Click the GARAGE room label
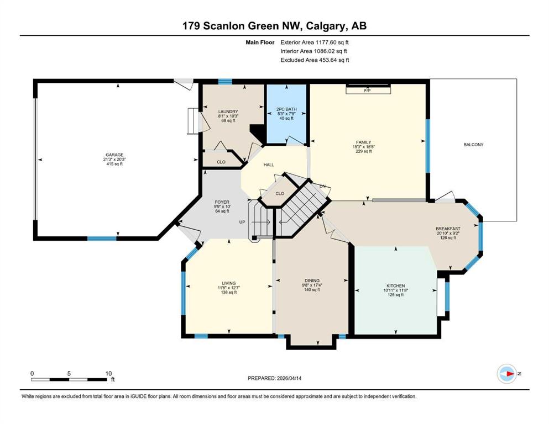pos(114,155)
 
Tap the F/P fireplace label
pos(367,91)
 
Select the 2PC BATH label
pos(286,109)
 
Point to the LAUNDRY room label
pos(228,112)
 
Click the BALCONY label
pos(473,144)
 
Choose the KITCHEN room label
pos(396,285)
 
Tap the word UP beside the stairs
pos(242,222)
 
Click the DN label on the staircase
pos(322,186)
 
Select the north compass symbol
pos(506,374)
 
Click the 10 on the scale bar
pos(108,373)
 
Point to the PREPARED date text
pos(274,378)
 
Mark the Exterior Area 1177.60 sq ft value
pos(315,43)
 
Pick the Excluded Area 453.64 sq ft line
pos(315,60)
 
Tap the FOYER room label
pos(222,202)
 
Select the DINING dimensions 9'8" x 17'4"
pos(312,285)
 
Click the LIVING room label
pos(229,283)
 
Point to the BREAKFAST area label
pos(448,229)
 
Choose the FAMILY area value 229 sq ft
pos(363,151)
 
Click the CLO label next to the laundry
pos(221,162)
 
